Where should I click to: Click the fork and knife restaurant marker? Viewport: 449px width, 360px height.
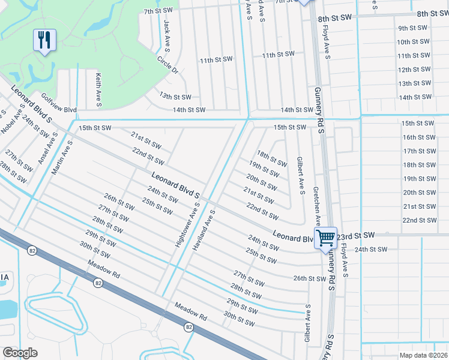[44, 40]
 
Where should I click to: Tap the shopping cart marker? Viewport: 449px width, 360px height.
[325, 237]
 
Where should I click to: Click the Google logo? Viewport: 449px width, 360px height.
[20, 353]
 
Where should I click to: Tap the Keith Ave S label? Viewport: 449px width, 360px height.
[98, 89]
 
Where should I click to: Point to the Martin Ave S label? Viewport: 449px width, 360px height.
[62, 157]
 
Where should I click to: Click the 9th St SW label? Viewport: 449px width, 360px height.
[412, 28]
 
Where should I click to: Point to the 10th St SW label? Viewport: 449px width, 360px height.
[414, 42]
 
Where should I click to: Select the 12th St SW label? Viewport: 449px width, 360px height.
[414, 70]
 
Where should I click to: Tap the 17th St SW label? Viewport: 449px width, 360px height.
[418, 151]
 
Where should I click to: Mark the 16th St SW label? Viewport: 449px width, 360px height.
[418, 137]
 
